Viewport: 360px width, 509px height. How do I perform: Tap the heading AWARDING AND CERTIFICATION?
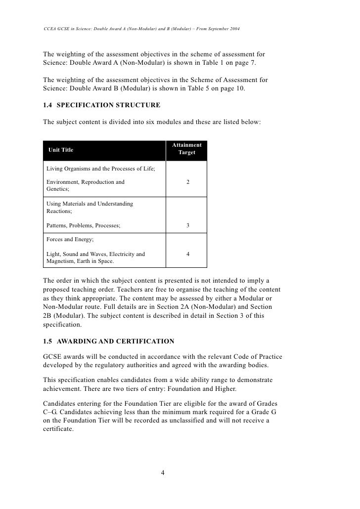coord(116,341)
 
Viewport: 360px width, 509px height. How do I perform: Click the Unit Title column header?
coord(60,150)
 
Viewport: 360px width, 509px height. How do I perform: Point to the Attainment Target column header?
coord(187,149)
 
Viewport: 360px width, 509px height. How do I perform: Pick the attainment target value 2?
coord(187,182)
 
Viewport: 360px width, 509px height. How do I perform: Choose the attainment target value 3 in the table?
coord(187,226)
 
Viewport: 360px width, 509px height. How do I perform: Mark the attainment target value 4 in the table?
coord(187,254)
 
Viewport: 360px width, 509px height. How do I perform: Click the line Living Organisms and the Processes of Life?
coord(101,169)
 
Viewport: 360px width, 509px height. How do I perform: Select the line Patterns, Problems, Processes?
coord(83,226)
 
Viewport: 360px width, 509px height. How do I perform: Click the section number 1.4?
coord(48,105)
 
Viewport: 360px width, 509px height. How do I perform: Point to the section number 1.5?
coord(48,341)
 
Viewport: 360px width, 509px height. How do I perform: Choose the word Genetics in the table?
coord(57,189)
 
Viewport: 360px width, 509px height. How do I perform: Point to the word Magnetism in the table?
coord(61,261)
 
